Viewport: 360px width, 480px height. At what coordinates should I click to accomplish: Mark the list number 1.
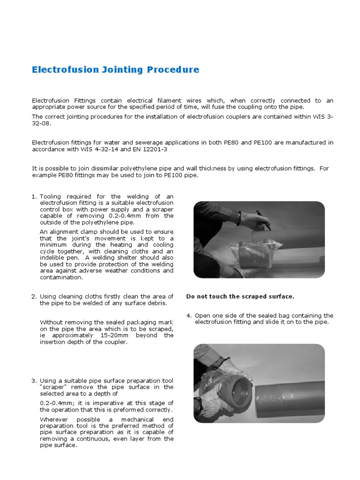[34, 196]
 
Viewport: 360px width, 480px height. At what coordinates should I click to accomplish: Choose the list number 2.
[34, 296]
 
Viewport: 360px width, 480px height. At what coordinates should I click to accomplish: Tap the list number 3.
[34, 380]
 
